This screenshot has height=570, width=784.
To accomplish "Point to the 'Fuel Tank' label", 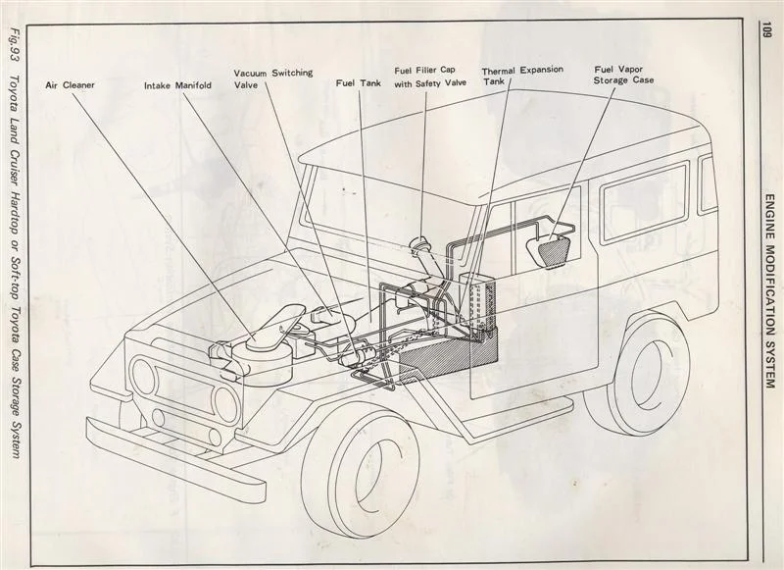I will (x=358, y=84).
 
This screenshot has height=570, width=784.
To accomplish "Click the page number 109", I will (x=765, y=32).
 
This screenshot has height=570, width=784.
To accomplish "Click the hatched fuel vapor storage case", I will (x=552, y=249).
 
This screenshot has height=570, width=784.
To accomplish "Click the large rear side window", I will (x=644, y=201).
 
